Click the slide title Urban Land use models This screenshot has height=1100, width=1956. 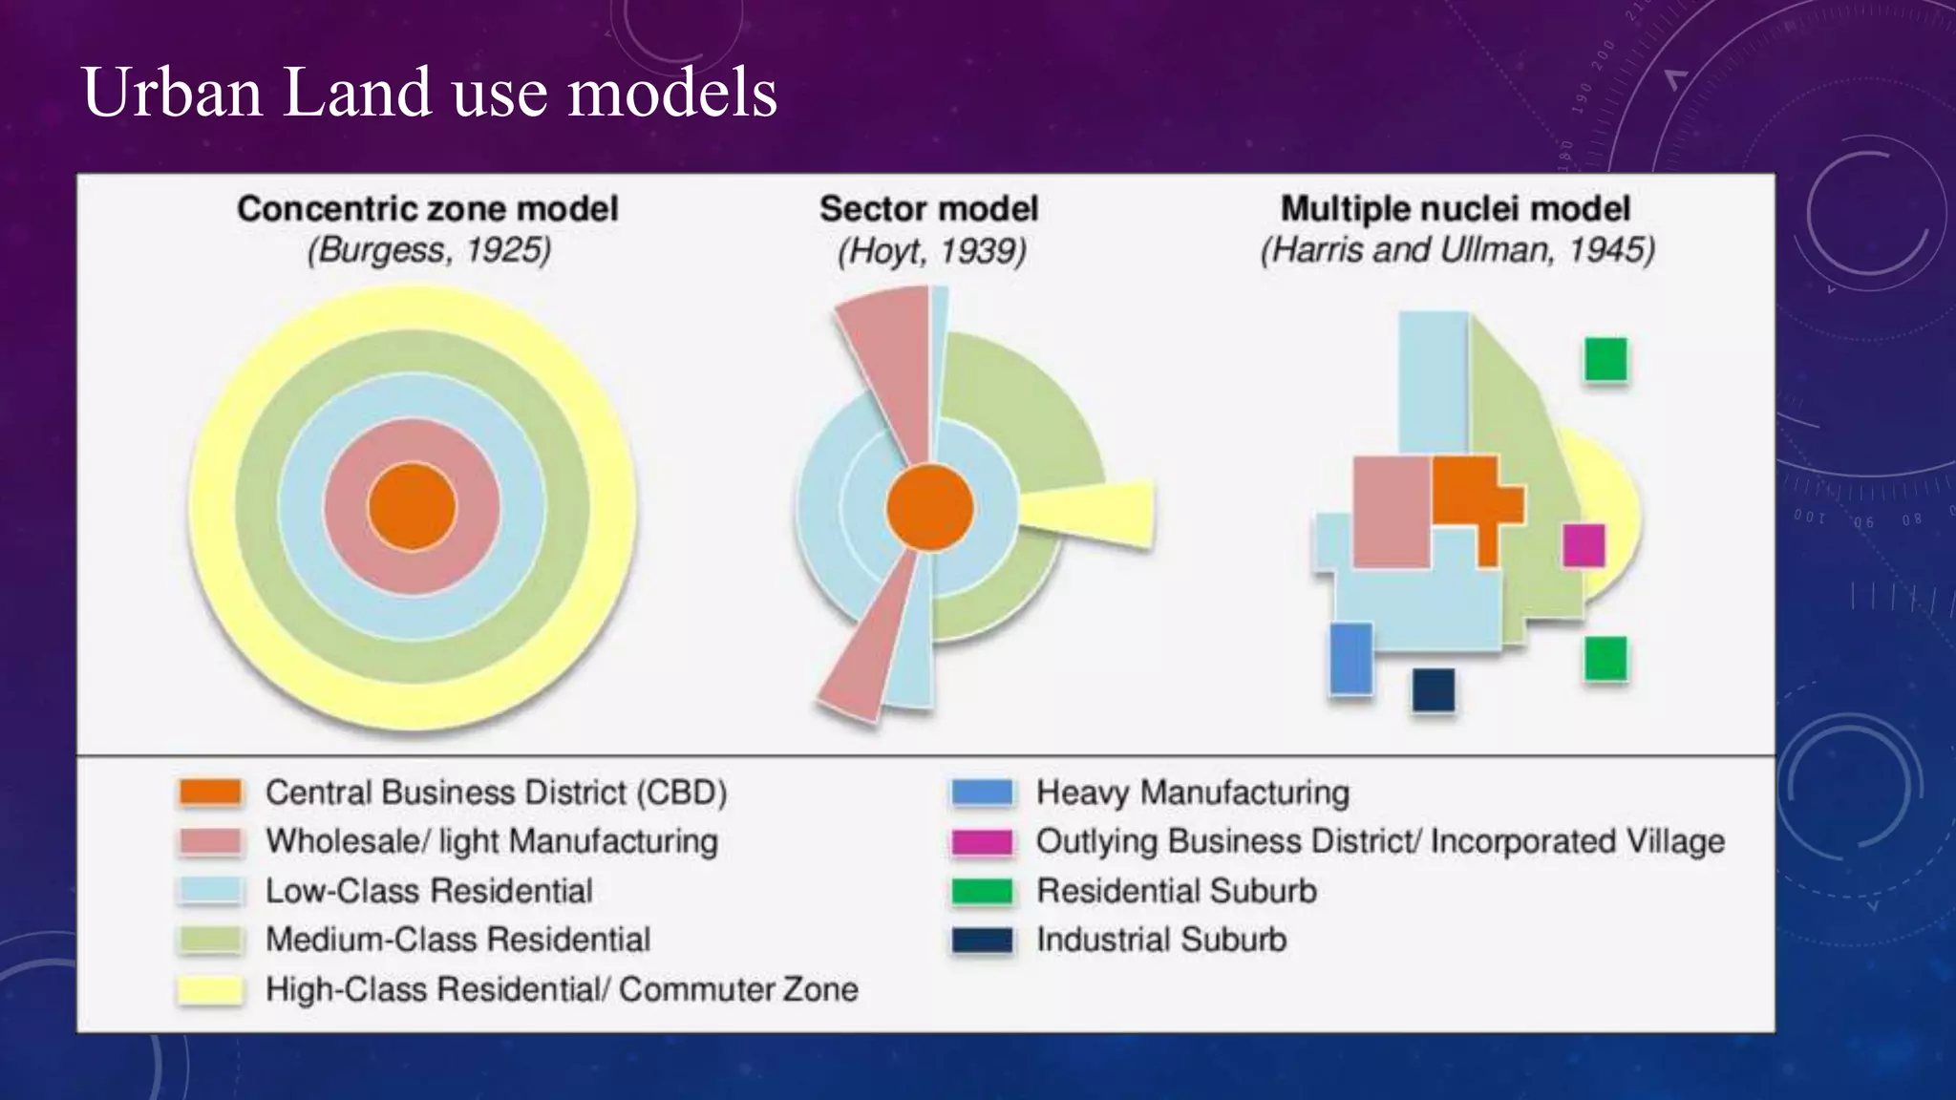pyautogui.click(x=430, y=93)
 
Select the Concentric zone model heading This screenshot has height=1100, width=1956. pyautogui.click(x=428, y=209)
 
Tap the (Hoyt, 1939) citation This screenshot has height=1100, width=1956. pyautogui.click(x=931, y=251)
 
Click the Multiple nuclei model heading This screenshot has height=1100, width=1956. pyautogui.click(x=1455, y=209)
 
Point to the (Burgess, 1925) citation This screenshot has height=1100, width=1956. pyautogui.click(x=429, y=250)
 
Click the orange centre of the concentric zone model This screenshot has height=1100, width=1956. pyautogui.click(x=413, y=507)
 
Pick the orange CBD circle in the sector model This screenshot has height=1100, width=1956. pyautogui.click(x=929, y=508)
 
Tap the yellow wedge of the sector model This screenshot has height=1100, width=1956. pyautogui.click(x=1098, y=513)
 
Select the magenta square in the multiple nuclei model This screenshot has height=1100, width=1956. pyautogui.click(x=1584, y=545)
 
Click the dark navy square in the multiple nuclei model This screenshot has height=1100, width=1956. pyautogui.click(x=1433, y=690)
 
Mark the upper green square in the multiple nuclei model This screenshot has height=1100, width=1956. pyautogui.click(x=1605, y=360)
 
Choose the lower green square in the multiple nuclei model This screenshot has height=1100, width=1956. pyautogui.click(x=1605, y=659)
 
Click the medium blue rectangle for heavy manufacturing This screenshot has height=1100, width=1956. pyautogui.click(x=1350, y=658)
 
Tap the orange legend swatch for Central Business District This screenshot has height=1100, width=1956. pyautogui.click(x=210, y=793)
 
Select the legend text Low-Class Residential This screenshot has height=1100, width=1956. pyautogui.click(x=429, y=891)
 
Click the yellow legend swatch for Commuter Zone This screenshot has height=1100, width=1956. pyautogui.click(x=210, y=989)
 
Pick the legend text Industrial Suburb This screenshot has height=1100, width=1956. pyautogui.click(x=1161, y=940)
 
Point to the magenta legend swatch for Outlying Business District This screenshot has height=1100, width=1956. pyautogui.click(x=982, y=841)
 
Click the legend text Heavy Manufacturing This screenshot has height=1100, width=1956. pyautogui.click(x=1193, y=793)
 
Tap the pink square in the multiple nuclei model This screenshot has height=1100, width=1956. pyautogui.click(x=1392, y=512)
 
